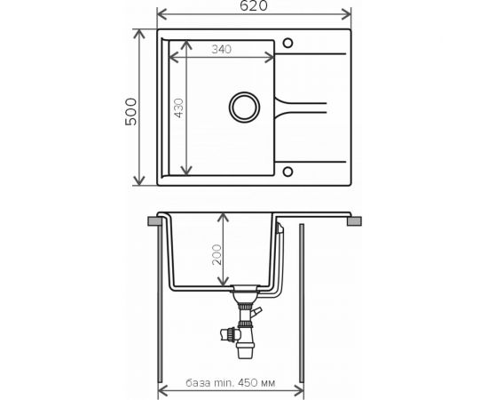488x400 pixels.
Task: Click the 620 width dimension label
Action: pyautogui.click(x=254, y=5)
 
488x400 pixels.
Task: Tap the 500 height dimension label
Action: pyautogui.click(x=130, y=112)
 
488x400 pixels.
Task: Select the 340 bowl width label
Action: pyautogui.click(x=221, y=49)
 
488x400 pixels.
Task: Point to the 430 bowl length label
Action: pyautogui.click(x=178, y=108)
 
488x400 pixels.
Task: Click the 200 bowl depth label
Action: pyautogui.click(x=216, y=255)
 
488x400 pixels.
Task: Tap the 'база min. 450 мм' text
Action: pyautogui.click(x=231, y=382)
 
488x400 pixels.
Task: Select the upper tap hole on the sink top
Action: pyautogui.click(x=287, y=43)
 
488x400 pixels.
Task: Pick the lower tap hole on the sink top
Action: pyautogui.click(x=287, y=172)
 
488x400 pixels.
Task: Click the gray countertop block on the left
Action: pyautogui.click(x=154, y=221)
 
